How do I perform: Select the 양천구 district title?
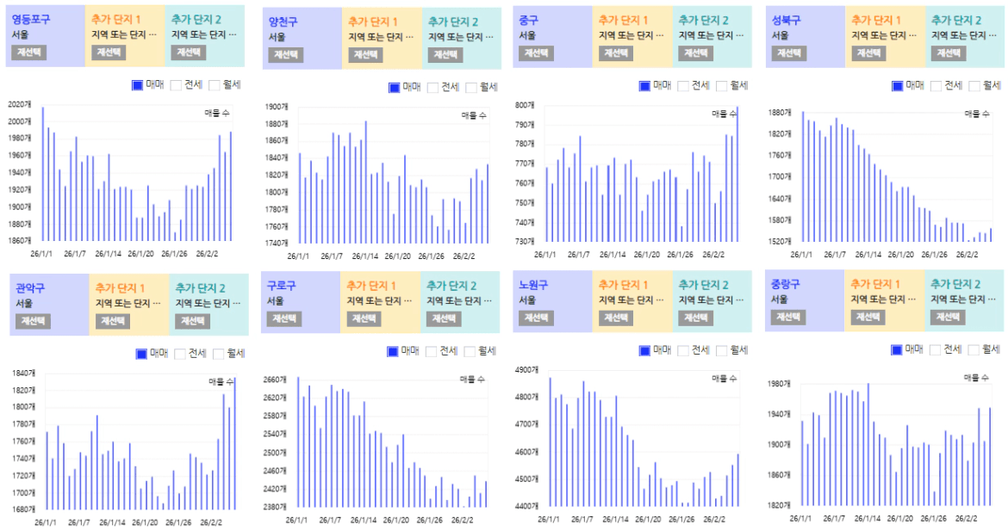coord(283,22)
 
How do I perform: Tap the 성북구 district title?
coord(786,20)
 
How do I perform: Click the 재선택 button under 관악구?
coord(34,321)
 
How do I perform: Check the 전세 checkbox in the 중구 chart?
coord(683,86)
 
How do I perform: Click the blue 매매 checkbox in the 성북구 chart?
coord(897,86)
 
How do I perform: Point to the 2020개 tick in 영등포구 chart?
coord(19,104)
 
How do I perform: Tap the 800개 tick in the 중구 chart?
coord(526,105)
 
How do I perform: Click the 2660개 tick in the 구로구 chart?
coord(274,380)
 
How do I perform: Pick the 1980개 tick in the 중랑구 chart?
coord(778,384)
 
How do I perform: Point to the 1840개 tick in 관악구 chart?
coord(23,373)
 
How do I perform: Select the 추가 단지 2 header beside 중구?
coord(702,20)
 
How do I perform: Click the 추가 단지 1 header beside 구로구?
coord(371,285)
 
